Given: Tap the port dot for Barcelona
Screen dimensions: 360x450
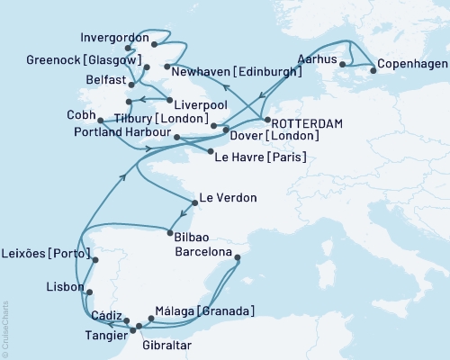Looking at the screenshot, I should tap(237, 259).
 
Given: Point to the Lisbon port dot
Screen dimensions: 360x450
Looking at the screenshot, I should tap(89, 291).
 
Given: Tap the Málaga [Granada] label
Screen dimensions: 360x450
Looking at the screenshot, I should tap(204, 311).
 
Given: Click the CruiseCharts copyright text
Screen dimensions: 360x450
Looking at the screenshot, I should tap(5, 329).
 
